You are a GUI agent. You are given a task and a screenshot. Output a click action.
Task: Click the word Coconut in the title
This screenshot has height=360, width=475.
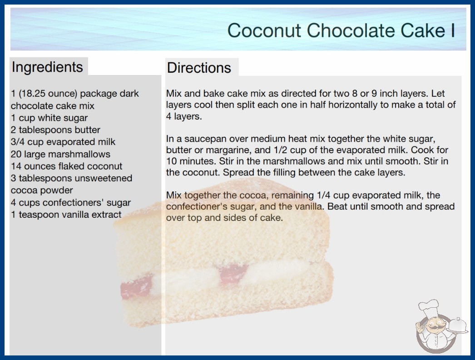pos(264,30)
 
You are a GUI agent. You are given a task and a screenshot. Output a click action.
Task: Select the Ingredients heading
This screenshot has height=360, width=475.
pos(47,67)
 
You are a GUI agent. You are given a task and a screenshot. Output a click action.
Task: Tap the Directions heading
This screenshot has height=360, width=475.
pos(199,68)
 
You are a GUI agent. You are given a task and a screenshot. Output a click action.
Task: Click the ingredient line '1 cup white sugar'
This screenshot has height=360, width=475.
pos(49,118)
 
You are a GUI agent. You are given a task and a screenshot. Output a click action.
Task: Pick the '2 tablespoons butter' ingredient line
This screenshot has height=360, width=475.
pos(55,130)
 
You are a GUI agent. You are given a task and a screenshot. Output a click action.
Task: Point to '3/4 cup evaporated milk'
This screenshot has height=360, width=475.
pos(63,142)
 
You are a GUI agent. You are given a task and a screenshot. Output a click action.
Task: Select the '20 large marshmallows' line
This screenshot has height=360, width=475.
pos(60,154)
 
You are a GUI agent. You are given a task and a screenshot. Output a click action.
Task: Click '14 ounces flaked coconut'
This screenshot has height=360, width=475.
pos(67,166)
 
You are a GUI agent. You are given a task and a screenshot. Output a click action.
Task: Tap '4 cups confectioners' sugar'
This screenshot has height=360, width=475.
pos(71,202)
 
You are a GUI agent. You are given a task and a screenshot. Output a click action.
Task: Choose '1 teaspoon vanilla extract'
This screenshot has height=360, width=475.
pos(66,215)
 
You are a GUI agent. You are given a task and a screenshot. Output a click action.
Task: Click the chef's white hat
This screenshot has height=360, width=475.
pos(429,307)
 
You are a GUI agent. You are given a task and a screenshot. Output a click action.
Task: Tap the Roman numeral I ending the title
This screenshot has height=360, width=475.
pos(453,30)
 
